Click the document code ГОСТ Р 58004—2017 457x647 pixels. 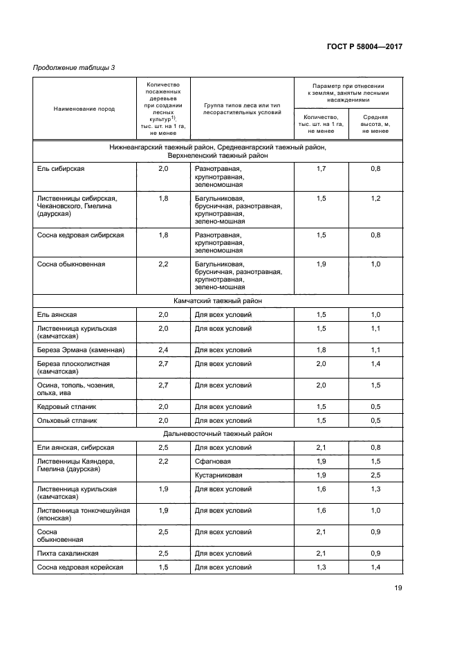(x=364, y=46)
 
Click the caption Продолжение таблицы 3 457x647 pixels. (x=75, y=67)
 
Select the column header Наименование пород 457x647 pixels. (x=84, y=109)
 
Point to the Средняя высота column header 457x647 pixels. (x=375, y=124)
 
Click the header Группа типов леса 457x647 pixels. (x=241, y=108)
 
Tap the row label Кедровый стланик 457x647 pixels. (x=65, y=406)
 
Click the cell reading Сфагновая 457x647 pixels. (x=213, y=461)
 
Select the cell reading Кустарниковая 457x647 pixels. (x=218, y=475)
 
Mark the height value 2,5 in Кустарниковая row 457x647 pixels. (x=375, y=475)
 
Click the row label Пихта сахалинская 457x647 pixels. (x=68, y=554)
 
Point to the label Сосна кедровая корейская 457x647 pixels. (x=80, y=567)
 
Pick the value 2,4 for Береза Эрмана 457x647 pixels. (x=163, y=349)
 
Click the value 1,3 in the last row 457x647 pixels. (x=321, y=567)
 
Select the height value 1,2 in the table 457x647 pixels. (x=375, y=198)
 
